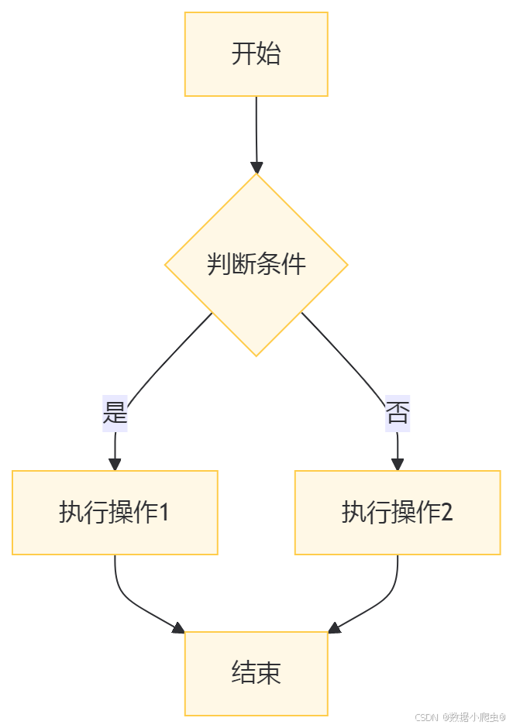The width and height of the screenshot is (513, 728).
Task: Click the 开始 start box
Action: click(256, 54)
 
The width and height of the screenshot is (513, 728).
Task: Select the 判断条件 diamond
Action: click(256, 265)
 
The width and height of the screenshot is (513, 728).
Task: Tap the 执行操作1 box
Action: click(115, 513)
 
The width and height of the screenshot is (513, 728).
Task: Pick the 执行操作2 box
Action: click(398, 513)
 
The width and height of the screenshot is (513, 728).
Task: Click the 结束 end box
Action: click(256, 672)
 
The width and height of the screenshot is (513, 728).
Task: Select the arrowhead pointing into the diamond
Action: click(256, 167)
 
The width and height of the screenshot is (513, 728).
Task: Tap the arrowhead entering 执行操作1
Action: click(115, 464)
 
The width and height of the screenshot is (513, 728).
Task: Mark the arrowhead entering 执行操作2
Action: click(398, 464)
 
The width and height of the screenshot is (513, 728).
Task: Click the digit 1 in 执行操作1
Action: click(164, 513)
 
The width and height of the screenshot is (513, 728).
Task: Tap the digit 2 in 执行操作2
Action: click(446, 513)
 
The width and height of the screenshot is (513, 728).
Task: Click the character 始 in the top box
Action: click(268, 54)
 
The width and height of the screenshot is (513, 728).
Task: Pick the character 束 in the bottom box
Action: click(268, 672)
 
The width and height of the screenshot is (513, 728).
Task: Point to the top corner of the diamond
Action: click(256, 175)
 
